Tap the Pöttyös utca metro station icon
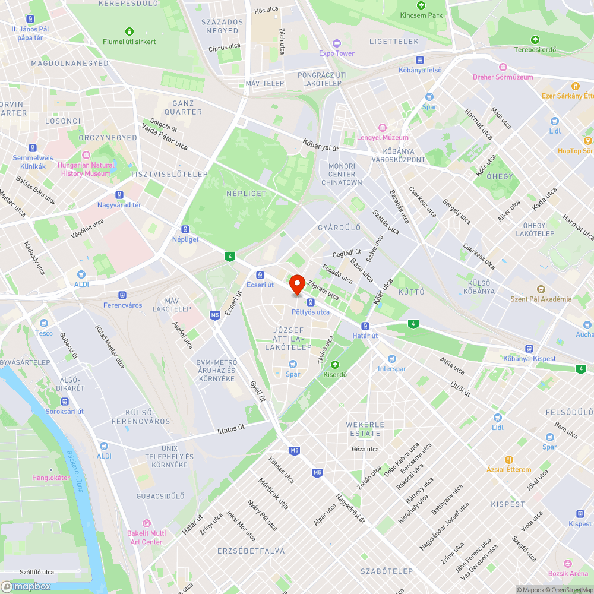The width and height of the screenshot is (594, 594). tap(310, 302)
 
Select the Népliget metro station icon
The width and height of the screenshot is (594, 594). tap(185, 229)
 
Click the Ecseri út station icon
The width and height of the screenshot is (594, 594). tap(260, 275)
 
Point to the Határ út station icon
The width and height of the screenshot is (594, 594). tap(365, 326)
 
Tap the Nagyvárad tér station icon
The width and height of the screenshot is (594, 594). tap(119, 195)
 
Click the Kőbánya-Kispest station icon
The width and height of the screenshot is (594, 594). tap(528, 349)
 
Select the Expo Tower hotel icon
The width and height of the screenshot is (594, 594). tap(337, 43)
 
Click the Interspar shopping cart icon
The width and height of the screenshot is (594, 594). tap(391, 359)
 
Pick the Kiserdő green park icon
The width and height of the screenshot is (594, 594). tap(335, 365)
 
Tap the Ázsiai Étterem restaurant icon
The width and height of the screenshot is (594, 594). tap(509, 460)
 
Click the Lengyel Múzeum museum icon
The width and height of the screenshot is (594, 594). tap(383, 127)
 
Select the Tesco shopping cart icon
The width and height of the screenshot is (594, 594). tap(43, 323)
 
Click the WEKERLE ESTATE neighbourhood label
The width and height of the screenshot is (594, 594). tap(365, 429)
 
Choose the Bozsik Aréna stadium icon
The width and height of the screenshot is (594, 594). tap(568, 563)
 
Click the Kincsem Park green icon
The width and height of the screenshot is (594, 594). tap(421, 5)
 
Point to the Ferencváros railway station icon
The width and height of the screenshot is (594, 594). tap(122, 295)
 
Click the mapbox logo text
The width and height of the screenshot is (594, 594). tap(27, 586)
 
